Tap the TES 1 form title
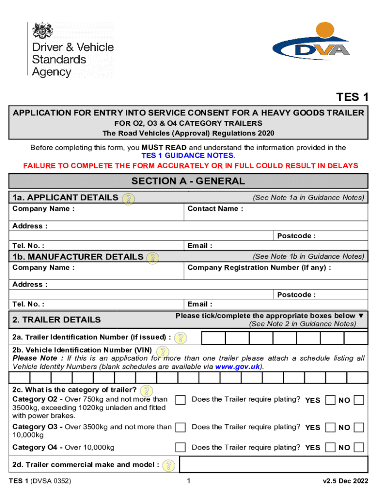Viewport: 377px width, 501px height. point(352,97)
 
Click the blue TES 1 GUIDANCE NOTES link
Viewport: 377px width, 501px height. point(188,155)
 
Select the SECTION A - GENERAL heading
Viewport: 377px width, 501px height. point(188,181)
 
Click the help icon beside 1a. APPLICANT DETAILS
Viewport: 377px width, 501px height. point(128,199)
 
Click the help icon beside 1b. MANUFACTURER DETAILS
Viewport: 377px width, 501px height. point(153,258)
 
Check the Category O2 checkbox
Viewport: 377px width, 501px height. point(180,400)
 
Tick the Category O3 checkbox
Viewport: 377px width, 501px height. point(180,427)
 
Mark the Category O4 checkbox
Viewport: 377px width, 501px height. point(180,447)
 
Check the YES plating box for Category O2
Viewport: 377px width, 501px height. point(330,400)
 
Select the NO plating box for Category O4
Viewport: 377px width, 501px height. point(359,447)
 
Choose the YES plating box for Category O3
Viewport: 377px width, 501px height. point(330,427)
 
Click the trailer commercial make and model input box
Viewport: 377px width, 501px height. point(273,465)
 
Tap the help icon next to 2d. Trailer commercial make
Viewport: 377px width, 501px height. point(168,465)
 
